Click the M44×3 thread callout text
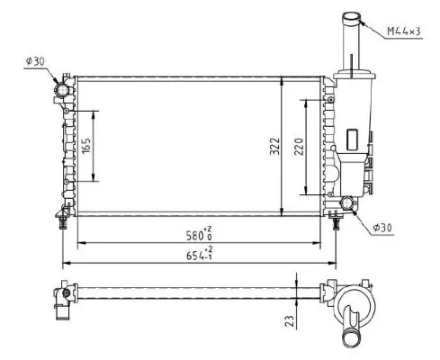click(405, 32)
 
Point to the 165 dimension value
click(86, 145)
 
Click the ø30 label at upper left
click(34, 61)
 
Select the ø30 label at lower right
click(383, 229)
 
